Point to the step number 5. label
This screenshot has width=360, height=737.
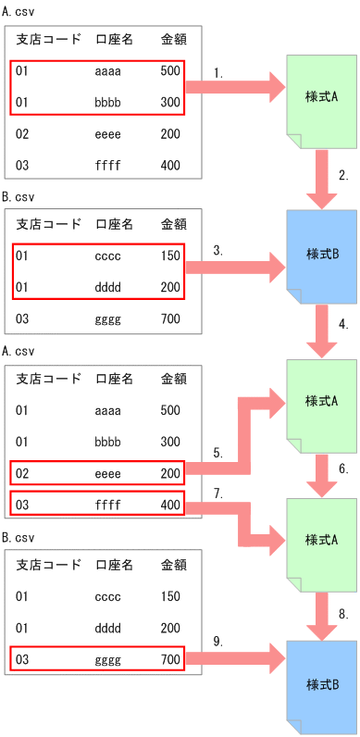(217, 453)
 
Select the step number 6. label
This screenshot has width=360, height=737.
(342, 469)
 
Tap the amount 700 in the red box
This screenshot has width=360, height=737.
(169, 660)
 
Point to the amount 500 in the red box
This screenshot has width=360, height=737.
(169, 70)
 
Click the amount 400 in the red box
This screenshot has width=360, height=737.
(169, 505)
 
